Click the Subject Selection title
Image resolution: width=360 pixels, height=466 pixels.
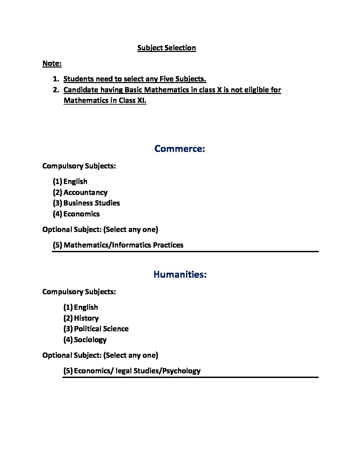click(x=166, y=48)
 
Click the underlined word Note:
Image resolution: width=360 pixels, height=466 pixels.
click(x=52, y=64)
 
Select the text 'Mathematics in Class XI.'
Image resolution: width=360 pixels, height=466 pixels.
click(x=105, y=101)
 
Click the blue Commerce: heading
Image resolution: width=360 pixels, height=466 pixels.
click(x=180, y=149)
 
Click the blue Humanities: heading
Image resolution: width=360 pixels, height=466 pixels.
click(x=180, y=275)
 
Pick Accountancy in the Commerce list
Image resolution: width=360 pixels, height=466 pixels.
click(x=85, y=193)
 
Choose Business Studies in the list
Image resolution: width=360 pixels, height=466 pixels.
click(x=92, y=203)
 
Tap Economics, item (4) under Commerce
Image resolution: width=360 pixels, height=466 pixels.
click(x=81, y=214)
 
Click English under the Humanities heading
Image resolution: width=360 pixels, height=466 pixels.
click(x=86, y=307)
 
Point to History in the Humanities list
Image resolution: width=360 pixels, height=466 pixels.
click(x=86, y=318)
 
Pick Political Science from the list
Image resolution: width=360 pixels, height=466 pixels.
click(x=101, y=329)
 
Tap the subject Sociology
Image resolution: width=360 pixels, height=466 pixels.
click(x=90, y=340)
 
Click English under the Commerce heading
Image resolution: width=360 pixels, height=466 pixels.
click(x=75, y=182)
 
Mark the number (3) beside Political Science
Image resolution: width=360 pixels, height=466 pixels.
click(x=68, y=329)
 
